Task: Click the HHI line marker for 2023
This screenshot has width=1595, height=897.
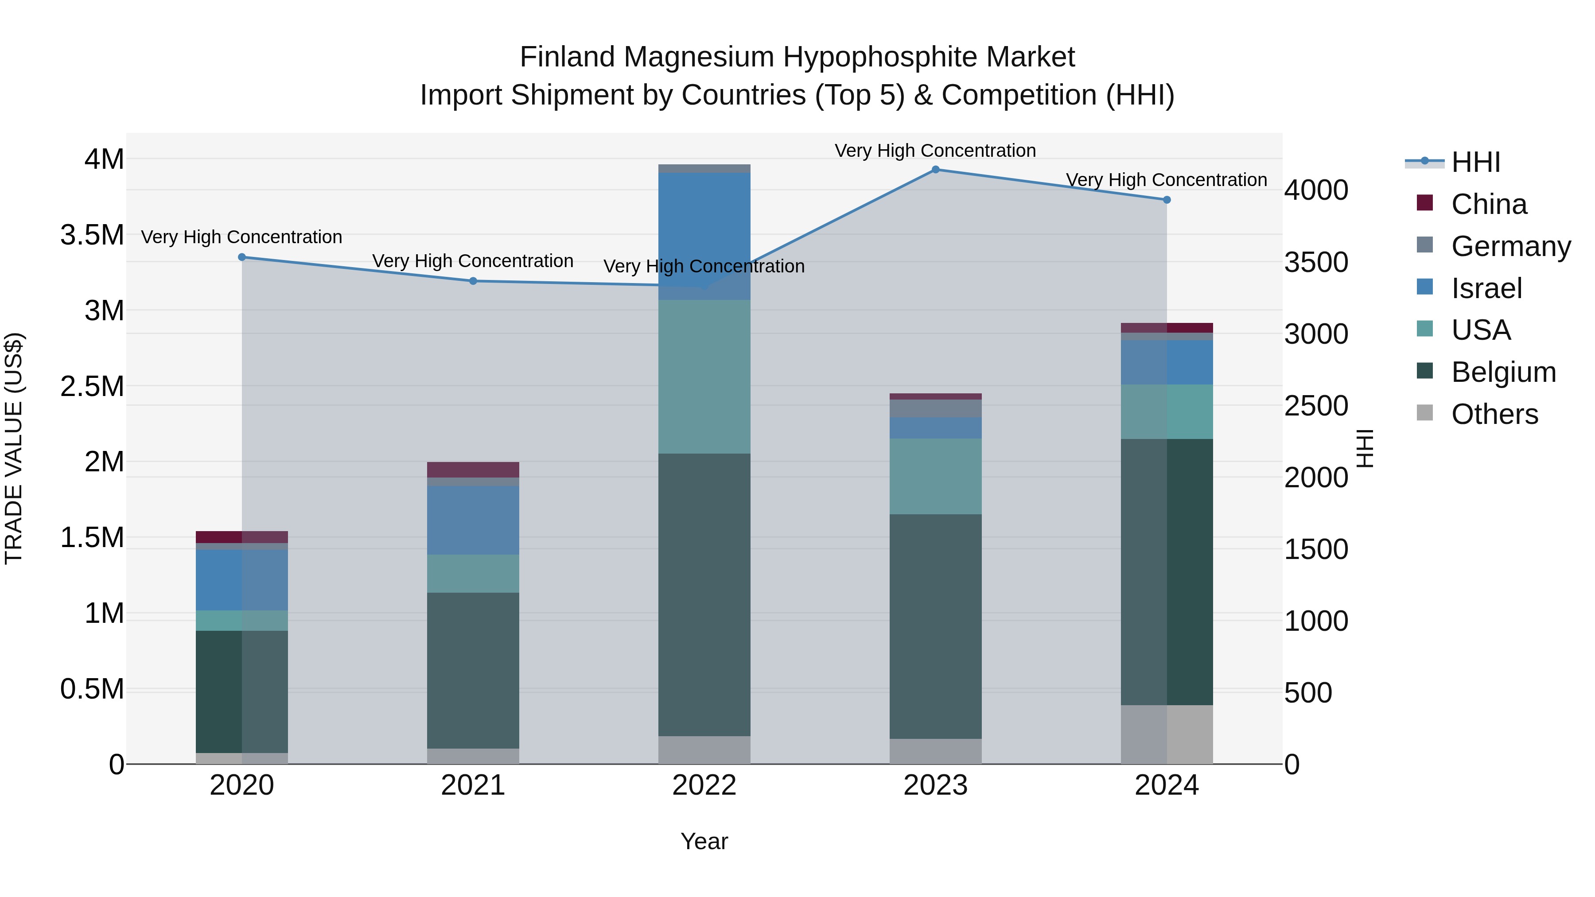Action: (x=936, y=170)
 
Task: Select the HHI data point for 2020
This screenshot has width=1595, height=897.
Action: (x=242, y=257)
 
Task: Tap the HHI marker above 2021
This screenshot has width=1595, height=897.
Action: (x=473, y=281)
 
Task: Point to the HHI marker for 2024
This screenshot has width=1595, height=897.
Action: (x=1167, y=200)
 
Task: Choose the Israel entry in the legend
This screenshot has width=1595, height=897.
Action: (x=1486, y=288)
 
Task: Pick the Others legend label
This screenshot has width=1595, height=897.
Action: (x=1494, y=414)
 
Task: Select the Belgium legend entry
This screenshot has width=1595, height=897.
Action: (x=1503, y=372)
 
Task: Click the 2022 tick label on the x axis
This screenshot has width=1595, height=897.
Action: (x=704, y=785)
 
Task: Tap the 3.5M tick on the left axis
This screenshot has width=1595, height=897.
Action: (x=92, y=235)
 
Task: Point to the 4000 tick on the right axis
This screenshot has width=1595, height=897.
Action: (x=1316, y=190)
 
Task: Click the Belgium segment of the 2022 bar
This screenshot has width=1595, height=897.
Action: (x=704, y=594)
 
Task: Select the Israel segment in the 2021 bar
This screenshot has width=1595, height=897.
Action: (x=473, y=520)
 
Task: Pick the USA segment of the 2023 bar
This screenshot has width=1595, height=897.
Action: (x=936, y=476)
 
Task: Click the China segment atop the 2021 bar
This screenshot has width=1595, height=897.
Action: (x=473, y=469)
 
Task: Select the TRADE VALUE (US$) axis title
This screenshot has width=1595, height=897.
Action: (x=14, y=448)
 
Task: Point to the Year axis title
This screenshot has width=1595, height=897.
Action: (x=704, y=841)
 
